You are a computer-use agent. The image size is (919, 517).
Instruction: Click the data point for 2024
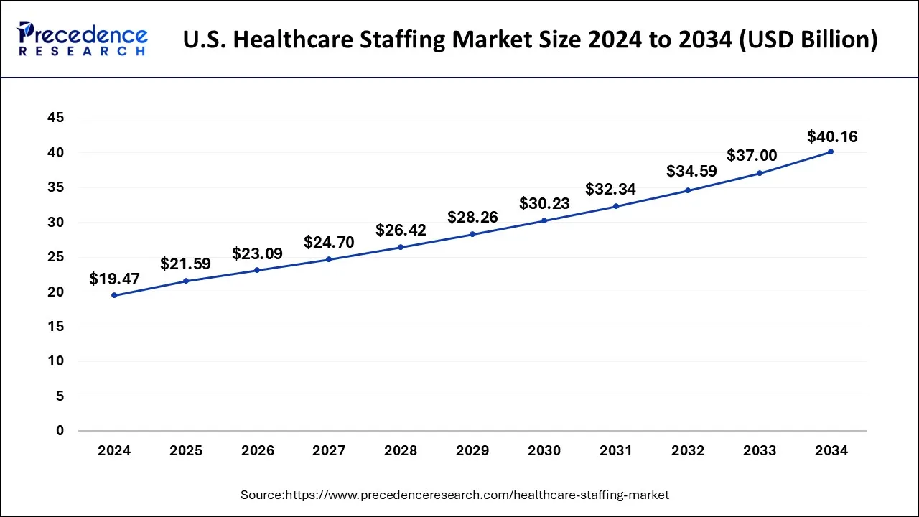(x=114, y=295)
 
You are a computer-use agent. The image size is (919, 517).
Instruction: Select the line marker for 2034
(x=831, y=152)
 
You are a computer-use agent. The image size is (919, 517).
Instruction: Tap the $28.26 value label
(x=472, y=217)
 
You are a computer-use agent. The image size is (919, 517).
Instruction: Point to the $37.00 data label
(x=752, y=155)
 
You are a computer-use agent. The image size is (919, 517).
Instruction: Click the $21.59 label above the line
(x=185, y=264)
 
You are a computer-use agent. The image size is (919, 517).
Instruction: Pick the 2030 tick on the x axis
(x=544, y=451)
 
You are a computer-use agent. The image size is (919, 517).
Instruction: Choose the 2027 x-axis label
(x=329, y=451)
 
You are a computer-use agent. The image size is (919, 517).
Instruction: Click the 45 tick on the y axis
(x=55, y=118)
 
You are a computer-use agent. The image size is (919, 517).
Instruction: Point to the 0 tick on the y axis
(x=60, y=431)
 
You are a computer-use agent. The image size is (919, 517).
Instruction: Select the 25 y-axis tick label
(x=55, y=257)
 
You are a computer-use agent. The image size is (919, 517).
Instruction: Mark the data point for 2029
(x=472, y=234)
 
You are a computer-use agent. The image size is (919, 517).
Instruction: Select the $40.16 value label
(x=832, y=136)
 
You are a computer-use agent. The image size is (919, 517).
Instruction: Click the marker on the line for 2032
(x=687, y=190)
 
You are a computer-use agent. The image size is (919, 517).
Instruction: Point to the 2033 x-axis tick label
(x=760, y=451)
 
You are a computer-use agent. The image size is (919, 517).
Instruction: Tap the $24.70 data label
(x=329, y=243)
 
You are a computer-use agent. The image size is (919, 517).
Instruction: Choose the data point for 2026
(x=257, y=270)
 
